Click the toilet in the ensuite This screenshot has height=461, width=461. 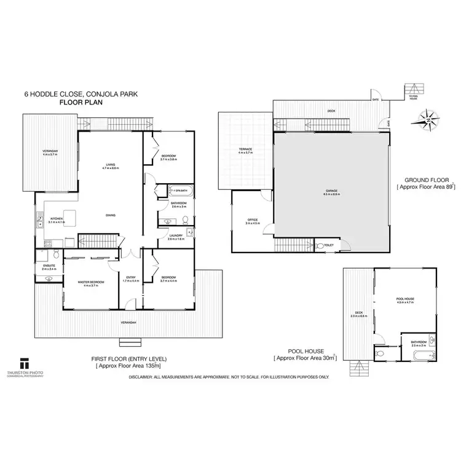click(x=56, y=253)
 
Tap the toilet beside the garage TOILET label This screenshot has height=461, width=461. click(x=320, y=245)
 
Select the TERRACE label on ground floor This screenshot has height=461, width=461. click(x=246, y=149)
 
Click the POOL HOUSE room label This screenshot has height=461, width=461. click(x=405, y=299)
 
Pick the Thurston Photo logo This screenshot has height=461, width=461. click(x=25, y=363)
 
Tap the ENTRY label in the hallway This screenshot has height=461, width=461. click(x=130, y=277)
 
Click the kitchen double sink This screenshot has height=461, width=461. click(x=39, y=219)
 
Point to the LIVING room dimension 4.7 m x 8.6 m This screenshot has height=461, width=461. click(x=111, y=168)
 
